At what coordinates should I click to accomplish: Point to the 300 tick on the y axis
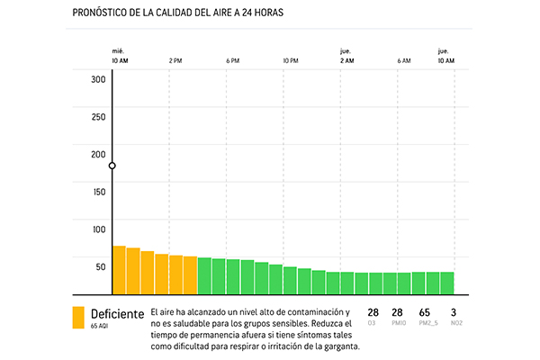pos(98,79)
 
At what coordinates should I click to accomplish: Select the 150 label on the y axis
pos(98,191)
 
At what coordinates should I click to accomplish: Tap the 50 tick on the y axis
pos(101,266)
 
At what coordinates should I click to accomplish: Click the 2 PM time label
pos(175,60)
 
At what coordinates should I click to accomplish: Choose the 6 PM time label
pos(232,60)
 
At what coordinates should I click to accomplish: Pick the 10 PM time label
pos(290,60)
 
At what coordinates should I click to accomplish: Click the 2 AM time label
pos(346,60)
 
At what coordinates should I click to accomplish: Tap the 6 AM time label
pos(403,60)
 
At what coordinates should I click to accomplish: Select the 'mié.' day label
pos(118,50)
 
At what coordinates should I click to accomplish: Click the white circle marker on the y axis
pos(112,166)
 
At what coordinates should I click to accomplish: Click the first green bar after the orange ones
pos(204,276)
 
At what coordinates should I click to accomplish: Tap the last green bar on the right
pos(446,283)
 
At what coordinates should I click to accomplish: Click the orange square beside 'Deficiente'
pos(78,318)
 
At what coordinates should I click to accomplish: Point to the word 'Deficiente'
pos(117,313)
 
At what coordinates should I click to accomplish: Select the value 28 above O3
pos(373,311)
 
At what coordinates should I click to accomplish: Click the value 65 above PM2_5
pos(424,311)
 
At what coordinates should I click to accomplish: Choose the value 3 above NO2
pos(454,311)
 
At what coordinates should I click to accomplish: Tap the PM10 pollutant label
pos(397,322)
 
